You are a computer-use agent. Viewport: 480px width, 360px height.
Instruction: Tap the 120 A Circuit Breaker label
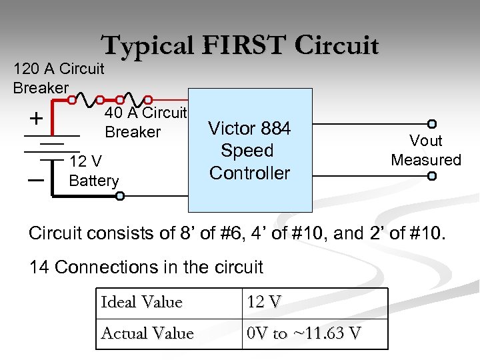click(58, 78)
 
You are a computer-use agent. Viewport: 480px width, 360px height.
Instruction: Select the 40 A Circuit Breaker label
click(145, 122)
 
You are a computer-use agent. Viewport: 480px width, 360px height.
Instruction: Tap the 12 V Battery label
click(94, 171)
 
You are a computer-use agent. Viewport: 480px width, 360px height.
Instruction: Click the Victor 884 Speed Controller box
click(250, 150)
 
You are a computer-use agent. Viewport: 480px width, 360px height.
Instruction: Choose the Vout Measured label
click(425, 151)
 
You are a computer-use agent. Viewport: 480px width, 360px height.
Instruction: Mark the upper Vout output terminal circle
click(432, 123)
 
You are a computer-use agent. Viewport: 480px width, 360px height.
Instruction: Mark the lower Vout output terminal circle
click(432, 176)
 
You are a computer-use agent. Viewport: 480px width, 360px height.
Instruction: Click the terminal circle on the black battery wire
click(120, 196)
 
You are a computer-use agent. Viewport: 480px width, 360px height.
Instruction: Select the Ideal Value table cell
click(141, 303)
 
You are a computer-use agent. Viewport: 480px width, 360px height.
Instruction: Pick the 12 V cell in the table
click(264, 303)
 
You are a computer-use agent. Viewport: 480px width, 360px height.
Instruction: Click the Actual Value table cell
click(147, 333)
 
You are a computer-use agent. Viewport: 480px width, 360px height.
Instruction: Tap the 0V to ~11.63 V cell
click(304, 333)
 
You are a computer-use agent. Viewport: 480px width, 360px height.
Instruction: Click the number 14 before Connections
click(39, 267)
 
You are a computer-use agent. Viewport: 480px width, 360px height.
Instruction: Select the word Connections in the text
click(107, 267)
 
